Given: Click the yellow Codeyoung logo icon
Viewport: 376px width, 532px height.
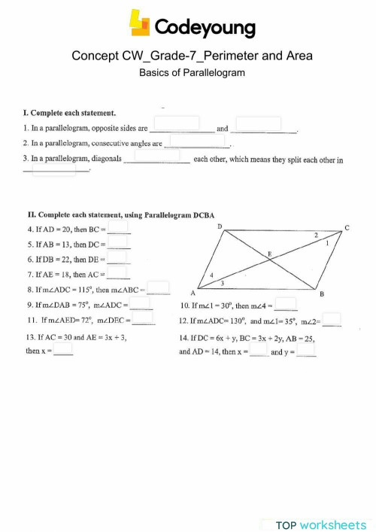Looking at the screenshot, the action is pyautogui.click(x=140, y=22).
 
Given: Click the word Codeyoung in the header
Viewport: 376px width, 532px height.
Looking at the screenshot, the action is pyautogui.click(x=205, y=28).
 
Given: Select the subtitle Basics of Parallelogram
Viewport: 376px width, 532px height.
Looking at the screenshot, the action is pyautogui.click(x=193, y=73).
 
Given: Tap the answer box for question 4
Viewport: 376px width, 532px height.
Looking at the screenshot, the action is pyautogui.click(x=118, y=227).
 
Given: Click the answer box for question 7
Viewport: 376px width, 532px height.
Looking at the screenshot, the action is pyautogui.click(x=117, y=273).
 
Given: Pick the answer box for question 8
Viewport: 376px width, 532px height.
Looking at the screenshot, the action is pyautogui.click(x=158, y=287).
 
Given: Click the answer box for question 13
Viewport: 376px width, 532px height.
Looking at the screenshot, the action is pyautogui.click(x=63, y=349).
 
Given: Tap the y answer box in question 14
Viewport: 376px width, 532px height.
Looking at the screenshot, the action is pyautogui.click(x=306, y=350).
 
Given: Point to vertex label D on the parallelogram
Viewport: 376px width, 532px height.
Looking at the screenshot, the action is pyautogui.click(x=219, y=226).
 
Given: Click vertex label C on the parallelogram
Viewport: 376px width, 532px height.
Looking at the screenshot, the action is pyautogui.click(x=347, y=226).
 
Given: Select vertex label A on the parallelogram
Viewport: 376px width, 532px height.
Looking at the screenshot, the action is pyautogui.click(x=193, y=293).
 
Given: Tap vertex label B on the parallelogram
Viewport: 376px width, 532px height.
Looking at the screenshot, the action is pyautogui.click(x=322, y=293).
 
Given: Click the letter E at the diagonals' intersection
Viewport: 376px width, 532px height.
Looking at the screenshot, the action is pyautogui.click(x=269, y=254).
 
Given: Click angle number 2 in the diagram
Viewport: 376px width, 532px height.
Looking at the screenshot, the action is pyautogui.click(x=316, y=235).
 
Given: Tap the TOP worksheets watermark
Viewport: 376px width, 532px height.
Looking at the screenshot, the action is pyautogui.click(x=320, y=524).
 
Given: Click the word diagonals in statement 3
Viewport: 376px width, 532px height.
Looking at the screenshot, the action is pyautogui.click(x=107, y=159).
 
